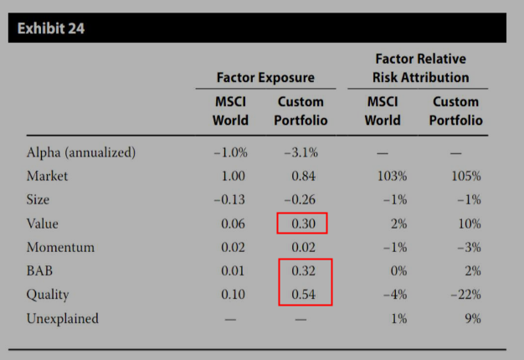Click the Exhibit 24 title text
[51, 28]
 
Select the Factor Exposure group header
[265, 78]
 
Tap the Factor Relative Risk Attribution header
[421, 68]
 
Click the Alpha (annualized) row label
[81, 152]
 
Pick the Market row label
[47, 176]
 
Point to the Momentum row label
[60, 247]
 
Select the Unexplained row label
[63, 318]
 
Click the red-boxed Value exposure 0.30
[304, 224]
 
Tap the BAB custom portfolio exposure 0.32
[304, 270]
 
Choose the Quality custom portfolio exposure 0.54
[304, 295]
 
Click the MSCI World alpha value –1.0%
[230, 152]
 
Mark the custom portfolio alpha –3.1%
[301, 152]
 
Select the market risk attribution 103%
[392, 176]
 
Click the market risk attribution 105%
[466, 176]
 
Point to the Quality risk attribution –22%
[466, 295]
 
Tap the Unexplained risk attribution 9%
[473, 318]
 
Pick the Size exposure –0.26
[300, 200]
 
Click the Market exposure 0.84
[304, 176]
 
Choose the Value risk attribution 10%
[470, 224]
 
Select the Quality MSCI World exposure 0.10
[233, 295]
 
